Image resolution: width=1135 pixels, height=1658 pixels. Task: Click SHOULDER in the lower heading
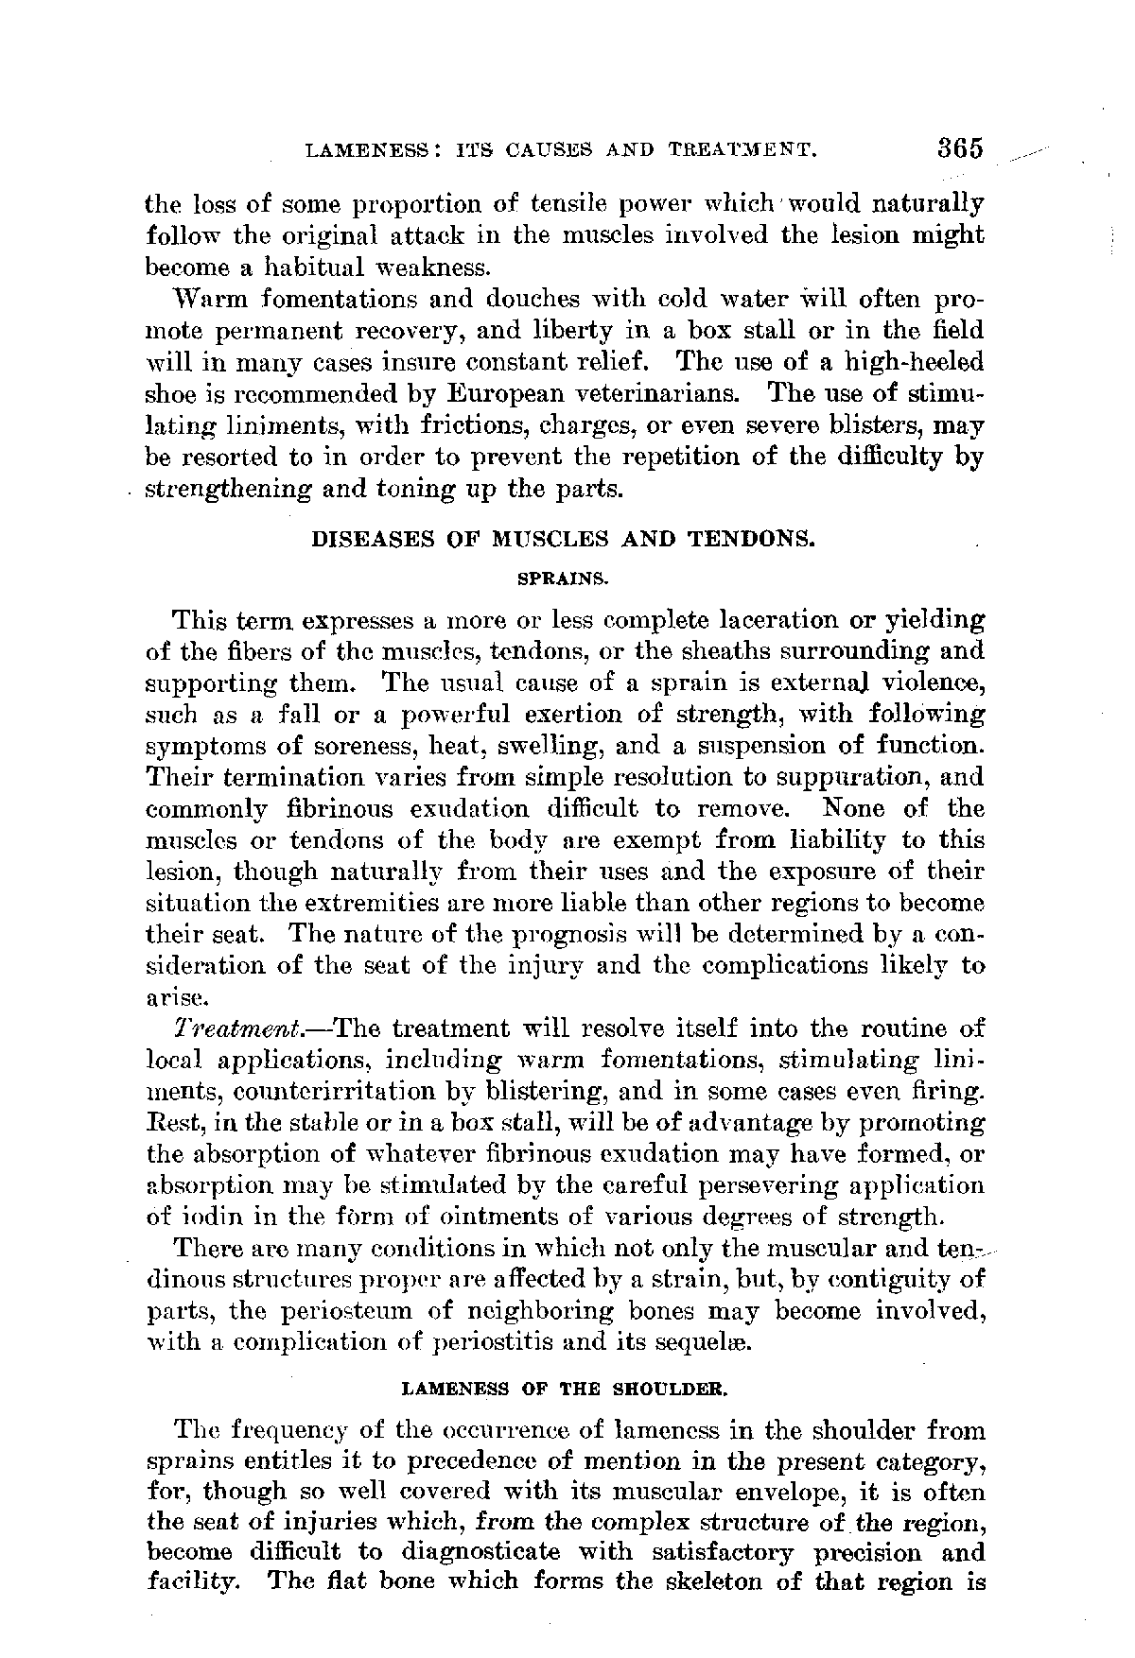pyautogui.click(x=676, y=1390)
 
